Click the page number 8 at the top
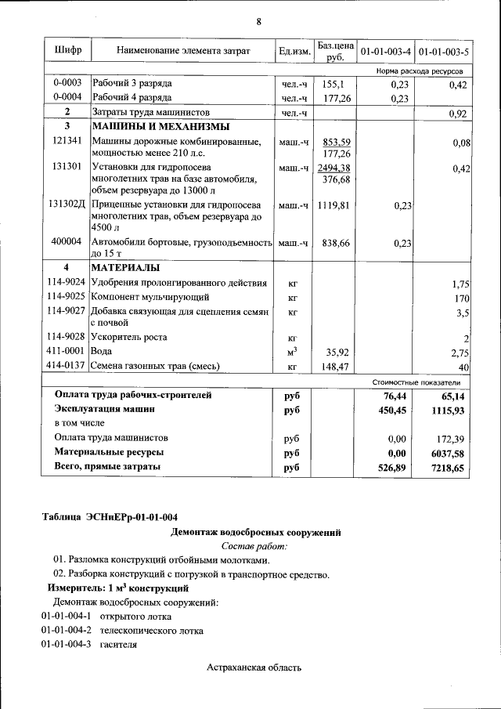258,21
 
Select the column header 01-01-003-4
385,52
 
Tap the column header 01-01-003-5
443,52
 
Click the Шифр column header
68,51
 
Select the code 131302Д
67,204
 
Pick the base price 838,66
336,244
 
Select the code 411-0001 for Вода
67,352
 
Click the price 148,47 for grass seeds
334,366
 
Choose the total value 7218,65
447,468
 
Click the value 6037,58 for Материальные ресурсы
447,453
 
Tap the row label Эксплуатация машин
105,409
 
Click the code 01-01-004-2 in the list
67,631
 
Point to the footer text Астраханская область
254,667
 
